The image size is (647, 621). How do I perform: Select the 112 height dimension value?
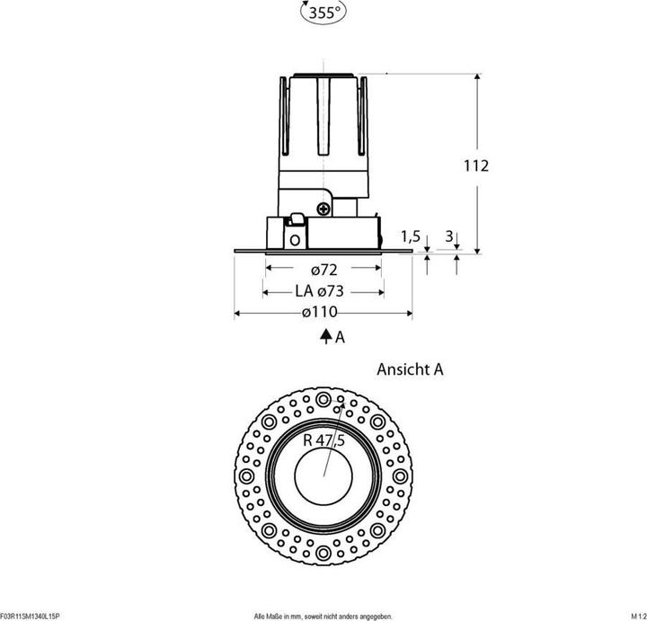(475, 165)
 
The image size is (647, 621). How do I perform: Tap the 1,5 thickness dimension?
(411, 236)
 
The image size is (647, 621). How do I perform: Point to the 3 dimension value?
(449, 236)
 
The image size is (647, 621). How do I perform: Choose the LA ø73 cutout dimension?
(320, 291)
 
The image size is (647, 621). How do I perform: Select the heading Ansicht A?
(410, 368)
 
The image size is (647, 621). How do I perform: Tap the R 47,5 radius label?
(323, 439)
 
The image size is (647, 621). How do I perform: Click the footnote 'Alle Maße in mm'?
(323, 616)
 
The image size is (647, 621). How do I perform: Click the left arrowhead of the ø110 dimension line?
(237, 313)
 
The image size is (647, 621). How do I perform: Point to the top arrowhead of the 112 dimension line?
(476, 77)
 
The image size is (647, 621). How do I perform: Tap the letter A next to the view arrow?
(340, 339)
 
